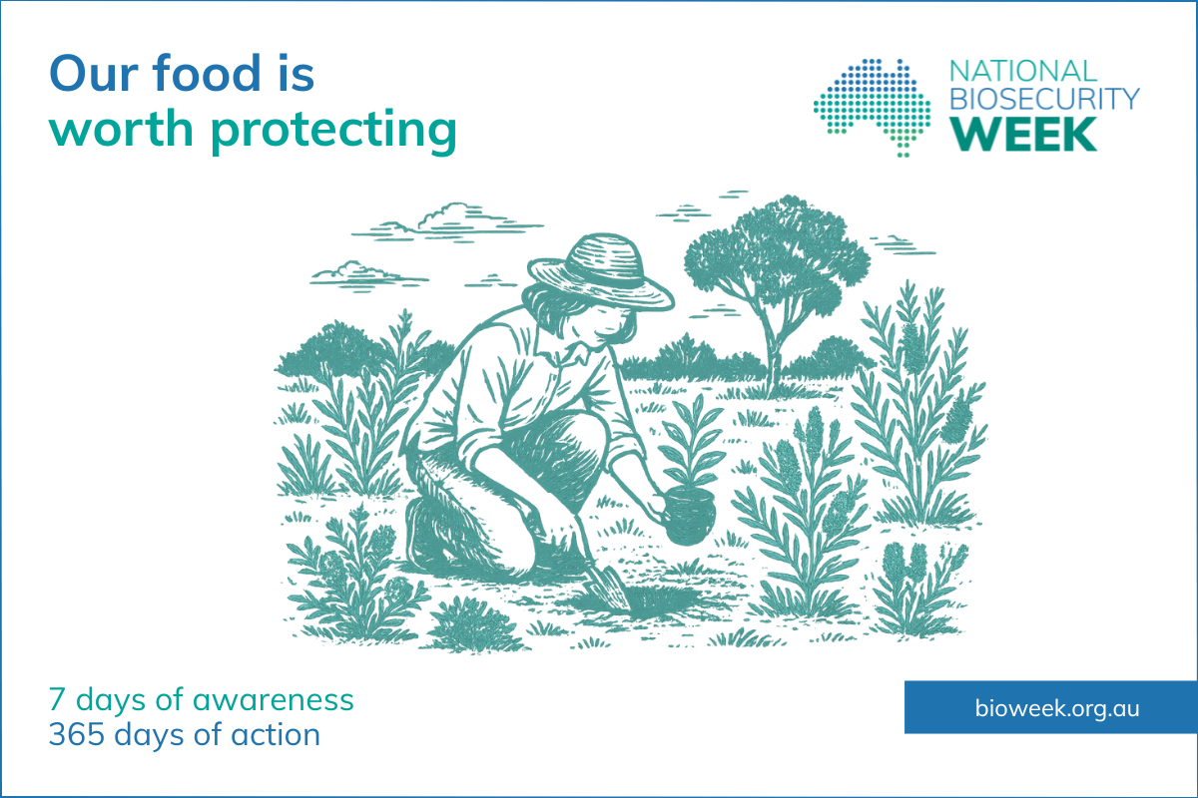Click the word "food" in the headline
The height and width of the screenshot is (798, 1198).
coord(206,73)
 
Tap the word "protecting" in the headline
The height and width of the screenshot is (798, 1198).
coord(333,130)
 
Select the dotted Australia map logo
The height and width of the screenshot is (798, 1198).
coord(872,108)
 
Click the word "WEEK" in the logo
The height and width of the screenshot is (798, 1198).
coord(1023,134)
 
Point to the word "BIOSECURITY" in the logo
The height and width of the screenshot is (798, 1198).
coord(1044,99)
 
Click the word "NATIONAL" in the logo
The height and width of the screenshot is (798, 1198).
coord(1023,71)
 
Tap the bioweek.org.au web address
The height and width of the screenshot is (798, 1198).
coord(1057,708)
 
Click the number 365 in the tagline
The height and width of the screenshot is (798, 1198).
coord(77,735)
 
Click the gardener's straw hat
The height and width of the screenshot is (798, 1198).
coord(601,272)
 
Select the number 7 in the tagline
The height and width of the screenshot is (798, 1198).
coord(57,700)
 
